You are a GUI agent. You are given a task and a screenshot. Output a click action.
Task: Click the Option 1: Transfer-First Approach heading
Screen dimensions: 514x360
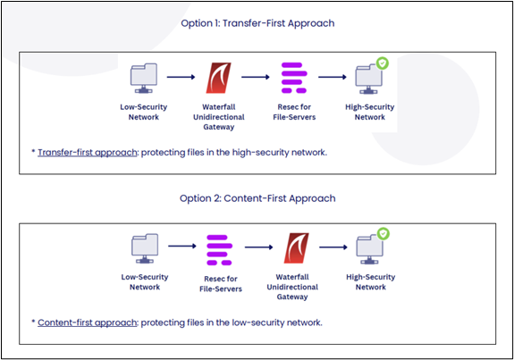pyautogui.click(x=257, y=23)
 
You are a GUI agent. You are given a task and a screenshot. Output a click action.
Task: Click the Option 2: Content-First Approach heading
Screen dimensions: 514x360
pyautogui.click(x=257, y=198)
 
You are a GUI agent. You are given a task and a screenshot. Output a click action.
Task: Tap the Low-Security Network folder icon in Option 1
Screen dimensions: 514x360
pyautogui.click(x=144, y=79)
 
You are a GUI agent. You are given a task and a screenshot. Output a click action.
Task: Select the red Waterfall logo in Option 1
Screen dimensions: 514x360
pyautogui.click(x=218, y=78)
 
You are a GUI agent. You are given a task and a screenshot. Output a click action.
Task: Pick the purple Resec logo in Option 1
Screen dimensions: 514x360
pyautogui.click(x=294, y=78)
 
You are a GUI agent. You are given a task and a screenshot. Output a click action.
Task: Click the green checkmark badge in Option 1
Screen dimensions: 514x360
pyautogui.click(x=383, y=63)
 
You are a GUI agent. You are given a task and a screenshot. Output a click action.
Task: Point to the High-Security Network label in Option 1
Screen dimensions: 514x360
pyautogui.click(x=370, y=112)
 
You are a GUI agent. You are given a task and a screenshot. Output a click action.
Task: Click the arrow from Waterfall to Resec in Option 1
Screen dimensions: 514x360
pyautogui.click(x=256, y=77)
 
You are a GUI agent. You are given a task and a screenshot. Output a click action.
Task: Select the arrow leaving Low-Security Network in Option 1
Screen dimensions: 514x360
pyautogui.click(x=181, y=77)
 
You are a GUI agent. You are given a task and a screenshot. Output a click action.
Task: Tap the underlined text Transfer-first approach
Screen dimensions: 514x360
pyautogui.click(x=88, y=153)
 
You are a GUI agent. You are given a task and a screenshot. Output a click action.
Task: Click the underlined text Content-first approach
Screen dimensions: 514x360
pyautogui.click(x=88, y=322)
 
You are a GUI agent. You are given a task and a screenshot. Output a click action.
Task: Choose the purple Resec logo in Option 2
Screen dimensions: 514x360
pyautogui.click(x=219, y=250)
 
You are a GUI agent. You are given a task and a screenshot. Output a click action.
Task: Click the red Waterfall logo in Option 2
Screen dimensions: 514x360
pyautogui.click(x=296, y=248)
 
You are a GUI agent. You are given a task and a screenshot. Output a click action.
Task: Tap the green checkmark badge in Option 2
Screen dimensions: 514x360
pyautogui.click(x=383, y=233)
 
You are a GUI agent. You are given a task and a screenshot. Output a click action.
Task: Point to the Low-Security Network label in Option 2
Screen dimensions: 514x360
pyautogui.click(x=145, y=282)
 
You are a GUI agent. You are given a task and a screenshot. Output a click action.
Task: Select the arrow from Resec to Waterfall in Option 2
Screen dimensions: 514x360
pyautogui.click(x=259, y=247)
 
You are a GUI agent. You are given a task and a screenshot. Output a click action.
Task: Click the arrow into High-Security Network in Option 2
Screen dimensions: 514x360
pyautogui.click(x=333, y=247)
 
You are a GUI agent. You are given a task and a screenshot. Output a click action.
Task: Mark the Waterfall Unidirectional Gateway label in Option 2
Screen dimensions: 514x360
pyautogui.click(x=292, y=287)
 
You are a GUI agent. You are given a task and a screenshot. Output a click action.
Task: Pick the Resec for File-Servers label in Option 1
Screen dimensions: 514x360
pyautogui.click(x=294, y=112)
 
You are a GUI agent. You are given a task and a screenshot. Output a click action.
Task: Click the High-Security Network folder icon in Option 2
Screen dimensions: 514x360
pyautogui.click(x=369, y=249)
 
